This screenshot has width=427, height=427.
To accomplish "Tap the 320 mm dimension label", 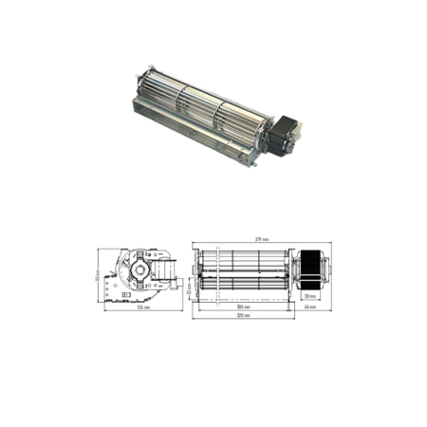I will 246,315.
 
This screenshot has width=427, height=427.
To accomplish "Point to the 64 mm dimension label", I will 309,306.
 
